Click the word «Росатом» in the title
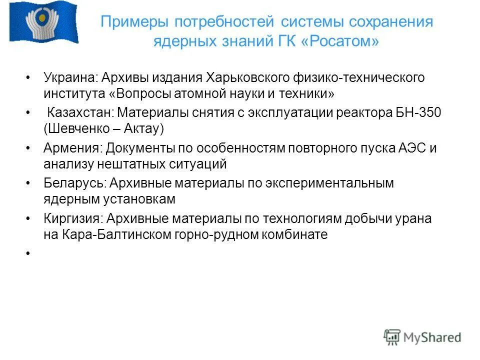pyautogui.click(x=340, y=42)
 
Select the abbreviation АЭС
pyautogui.click(x=411, y=148)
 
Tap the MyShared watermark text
pyautogui.click(x=432, y=337)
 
